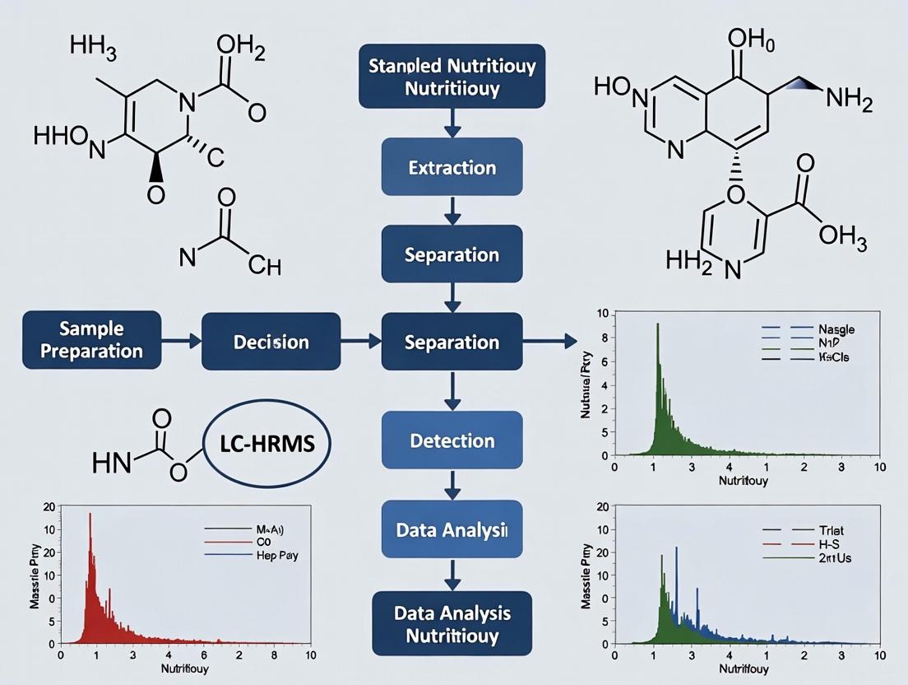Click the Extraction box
452,167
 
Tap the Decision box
270,341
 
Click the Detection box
452,440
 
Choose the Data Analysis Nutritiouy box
452,624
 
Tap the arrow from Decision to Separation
360,340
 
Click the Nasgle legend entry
832,329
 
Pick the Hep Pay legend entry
276,555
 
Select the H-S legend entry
830,544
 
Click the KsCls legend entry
832,358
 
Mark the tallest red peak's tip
90,515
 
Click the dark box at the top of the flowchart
452,76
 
